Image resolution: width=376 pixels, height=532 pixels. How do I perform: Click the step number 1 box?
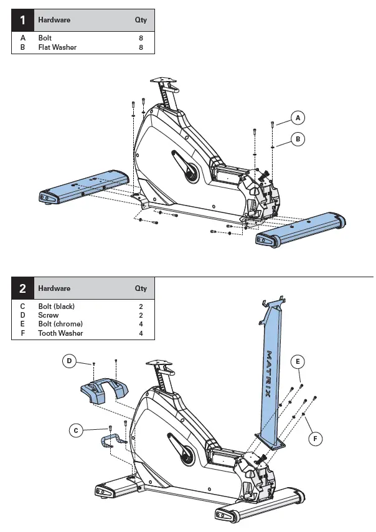(23, 20)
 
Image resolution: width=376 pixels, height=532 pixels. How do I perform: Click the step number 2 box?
(23, 288)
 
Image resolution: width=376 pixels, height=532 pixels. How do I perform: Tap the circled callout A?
(298, 118)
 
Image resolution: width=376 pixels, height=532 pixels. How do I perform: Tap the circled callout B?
(298, 140)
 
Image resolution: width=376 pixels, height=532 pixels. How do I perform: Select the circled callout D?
(70, 361)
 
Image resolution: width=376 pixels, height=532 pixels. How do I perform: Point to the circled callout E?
(298, 361)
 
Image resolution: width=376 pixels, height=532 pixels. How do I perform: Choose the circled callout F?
(316, 439)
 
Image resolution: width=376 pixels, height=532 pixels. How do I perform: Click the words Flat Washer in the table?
(57, 47)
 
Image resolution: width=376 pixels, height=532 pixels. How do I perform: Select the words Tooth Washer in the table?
(60, 333)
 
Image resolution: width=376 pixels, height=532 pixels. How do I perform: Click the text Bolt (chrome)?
(60, 324)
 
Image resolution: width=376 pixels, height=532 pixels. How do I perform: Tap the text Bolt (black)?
(57, 306)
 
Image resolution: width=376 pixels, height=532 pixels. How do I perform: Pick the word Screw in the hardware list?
(49, 315)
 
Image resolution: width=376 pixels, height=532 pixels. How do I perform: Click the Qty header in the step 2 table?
(141, 288)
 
